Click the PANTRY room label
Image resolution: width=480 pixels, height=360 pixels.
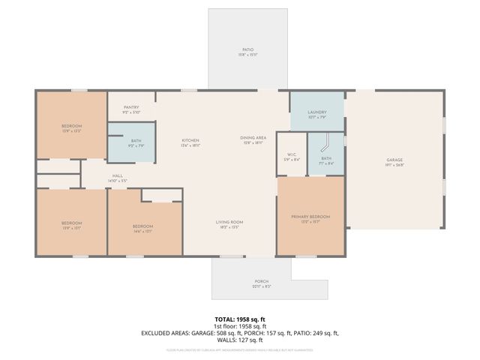(130, 107)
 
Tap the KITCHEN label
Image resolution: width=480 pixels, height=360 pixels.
(190, 141)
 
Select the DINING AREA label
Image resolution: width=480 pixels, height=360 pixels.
(253, 138)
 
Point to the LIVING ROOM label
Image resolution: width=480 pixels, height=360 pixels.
(229, 222)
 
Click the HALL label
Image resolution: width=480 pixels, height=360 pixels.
(118, 175)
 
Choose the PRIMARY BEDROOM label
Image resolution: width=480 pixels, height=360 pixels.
(310, 217)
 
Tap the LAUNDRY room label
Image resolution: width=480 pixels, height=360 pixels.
(318, 112)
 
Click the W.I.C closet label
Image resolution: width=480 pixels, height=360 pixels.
(291, 156)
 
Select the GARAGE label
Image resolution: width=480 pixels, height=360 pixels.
(394, 160)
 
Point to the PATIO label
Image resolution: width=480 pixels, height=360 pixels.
(247, 50)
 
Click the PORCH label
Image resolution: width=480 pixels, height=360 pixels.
(260, 281)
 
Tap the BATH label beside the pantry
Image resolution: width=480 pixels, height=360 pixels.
(136, 141)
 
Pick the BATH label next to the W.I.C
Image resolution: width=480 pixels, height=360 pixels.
(326, 158)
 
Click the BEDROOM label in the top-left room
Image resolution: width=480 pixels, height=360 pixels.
(71, 125)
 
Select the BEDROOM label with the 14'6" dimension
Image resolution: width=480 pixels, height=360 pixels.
(143, 226)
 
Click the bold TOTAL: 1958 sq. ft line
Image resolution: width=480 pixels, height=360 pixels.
(240, 319)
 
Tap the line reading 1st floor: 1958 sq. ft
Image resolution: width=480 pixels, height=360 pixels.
(240, 326)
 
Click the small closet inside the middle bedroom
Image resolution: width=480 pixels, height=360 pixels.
(161, 195)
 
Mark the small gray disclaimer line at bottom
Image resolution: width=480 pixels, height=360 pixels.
(240, 349)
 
